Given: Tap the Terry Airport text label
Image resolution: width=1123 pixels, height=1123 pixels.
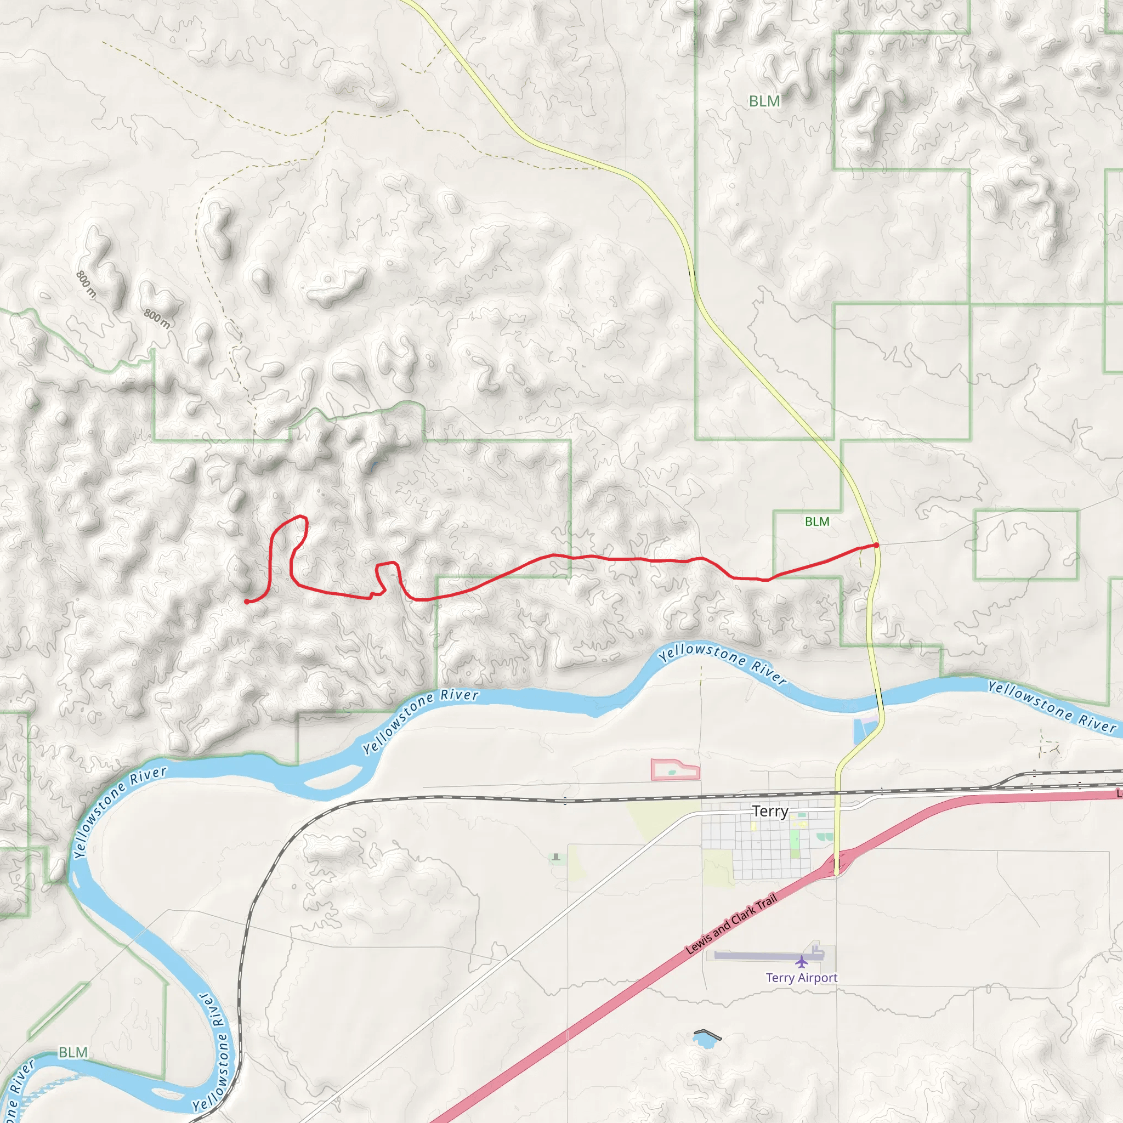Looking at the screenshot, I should (802, 978).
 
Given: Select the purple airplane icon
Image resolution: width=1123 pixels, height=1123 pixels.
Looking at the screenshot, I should (802, 962).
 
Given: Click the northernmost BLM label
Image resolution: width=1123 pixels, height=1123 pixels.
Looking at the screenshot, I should (764, 101).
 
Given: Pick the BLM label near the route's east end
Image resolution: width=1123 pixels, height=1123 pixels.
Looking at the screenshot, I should (816, 521).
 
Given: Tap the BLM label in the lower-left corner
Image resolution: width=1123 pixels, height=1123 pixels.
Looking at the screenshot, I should (73, 1052).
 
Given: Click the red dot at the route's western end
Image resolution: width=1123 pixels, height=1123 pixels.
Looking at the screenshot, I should (247, 602).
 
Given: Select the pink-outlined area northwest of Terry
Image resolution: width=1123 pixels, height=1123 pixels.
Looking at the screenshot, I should (674, 770).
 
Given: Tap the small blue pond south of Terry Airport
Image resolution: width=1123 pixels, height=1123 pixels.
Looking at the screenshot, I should (705, 1039).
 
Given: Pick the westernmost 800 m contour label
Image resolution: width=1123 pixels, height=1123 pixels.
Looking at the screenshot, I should (86, 283).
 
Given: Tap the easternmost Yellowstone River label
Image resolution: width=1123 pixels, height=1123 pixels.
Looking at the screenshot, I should (1052, 707).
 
